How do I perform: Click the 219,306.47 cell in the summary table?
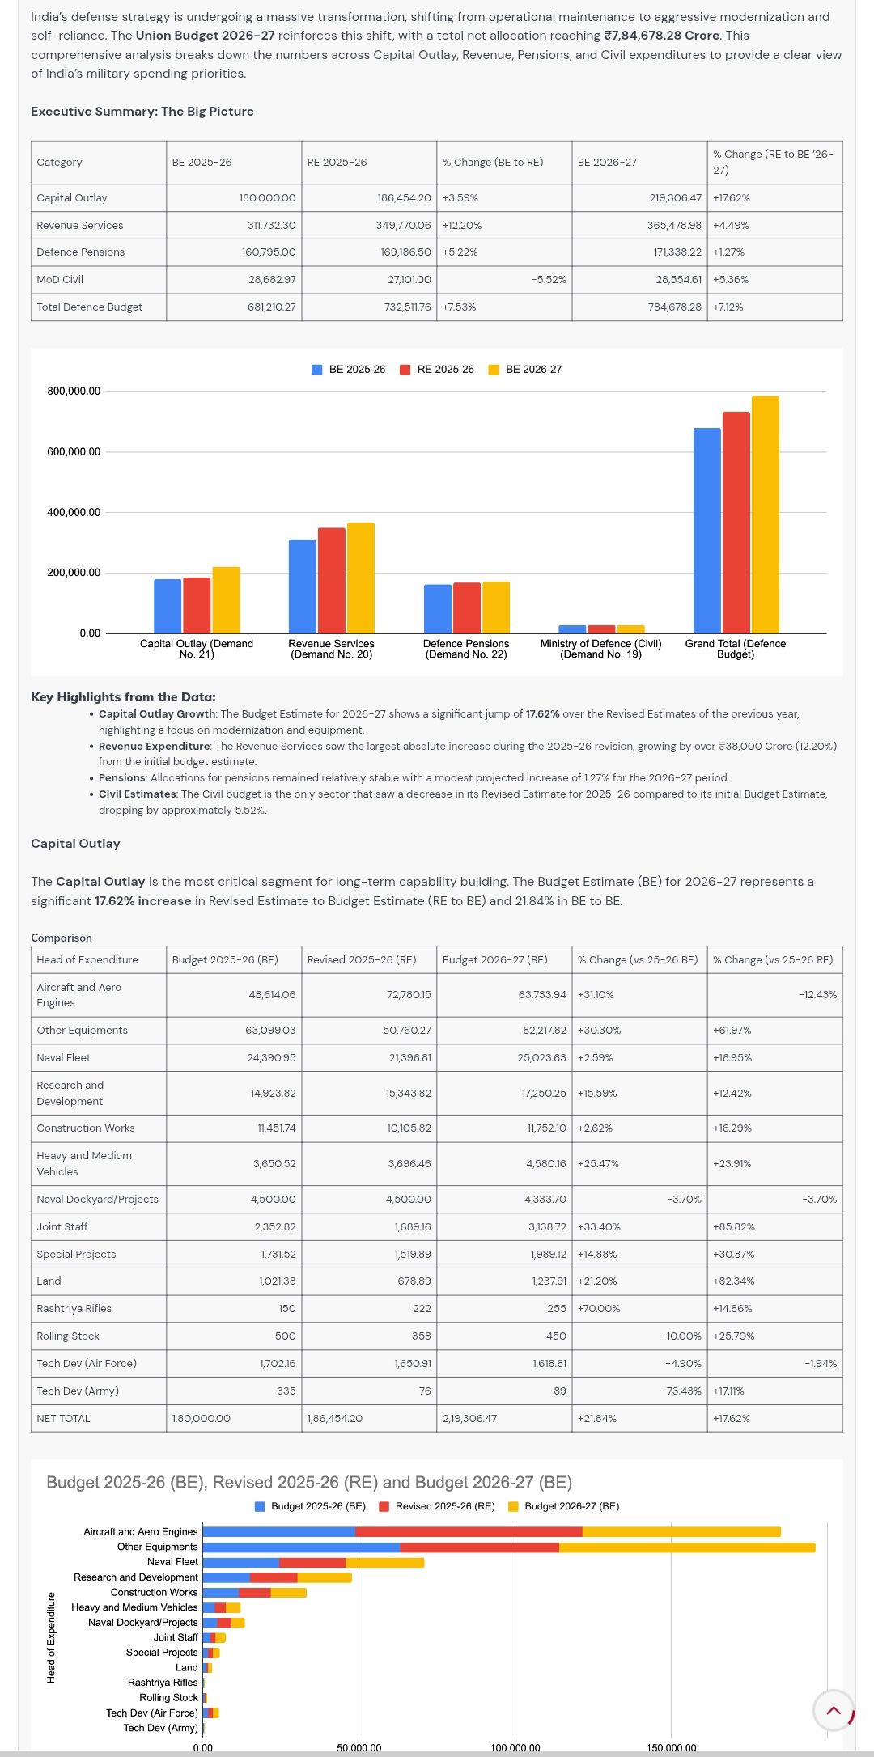tap(675, 197)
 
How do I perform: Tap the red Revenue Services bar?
tap(331, 580)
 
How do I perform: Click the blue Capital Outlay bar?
tap(168, 606)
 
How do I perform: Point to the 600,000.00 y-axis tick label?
tap(74, 451)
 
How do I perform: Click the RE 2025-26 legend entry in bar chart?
tap(437, 370)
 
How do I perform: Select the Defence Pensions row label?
tap(81, 252)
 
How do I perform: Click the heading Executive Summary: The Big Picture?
tap(142, 112)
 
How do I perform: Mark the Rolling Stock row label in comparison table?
tap(68, 1336)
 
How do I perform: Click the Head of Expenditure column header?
tap(87, 959)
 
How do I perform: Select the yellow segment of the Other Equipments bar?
tap(686, 1547)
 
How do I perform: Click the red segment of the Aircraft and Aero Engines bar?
tap(469, 1531)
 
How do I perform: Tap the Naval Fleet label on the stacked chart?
tap(172, 1562)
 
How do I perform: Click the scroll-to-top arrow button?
tap(834, 1710)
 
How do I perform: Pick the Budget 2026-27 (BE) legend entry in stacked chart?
tap(563, 1506)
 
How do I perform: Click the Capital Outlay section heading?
tap(75, 843)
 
